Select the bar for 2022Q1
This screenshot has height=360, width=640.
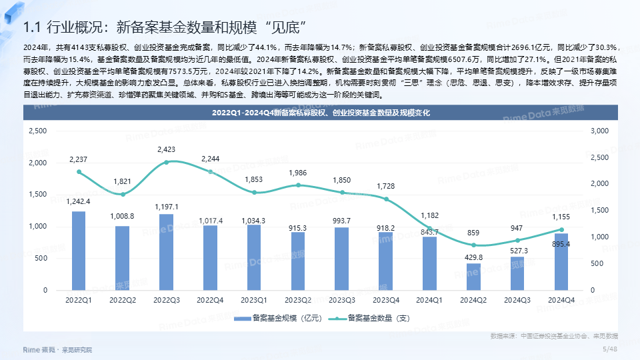coord(79,251)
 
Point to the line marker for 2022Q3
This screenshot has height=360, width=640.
coord(167,162)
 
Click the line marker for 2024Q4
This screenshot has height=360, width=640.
coord(561,230)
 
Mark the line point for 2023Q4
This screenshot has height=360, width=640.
coord(386,199)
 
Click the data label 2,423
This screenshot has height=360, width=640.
coord(167,149)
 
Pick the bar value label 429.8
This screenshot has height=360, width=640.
coord(474,257)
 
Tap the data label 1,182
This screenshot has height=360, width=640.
coord(430,215)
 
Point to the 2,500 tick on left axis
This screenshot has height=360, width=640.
coord(37,131)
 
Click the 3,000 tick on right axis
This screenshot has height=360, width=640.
coord(599,131)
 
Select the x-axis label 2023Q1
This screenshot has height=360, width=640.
coord(254,301)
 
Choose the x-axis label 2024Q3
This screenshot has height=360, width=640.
coord(517,301)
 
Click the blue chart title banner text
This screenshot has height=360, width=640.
coord(321,113)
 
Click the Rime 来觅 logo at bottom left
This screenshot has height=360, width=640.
coord(39,349)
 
